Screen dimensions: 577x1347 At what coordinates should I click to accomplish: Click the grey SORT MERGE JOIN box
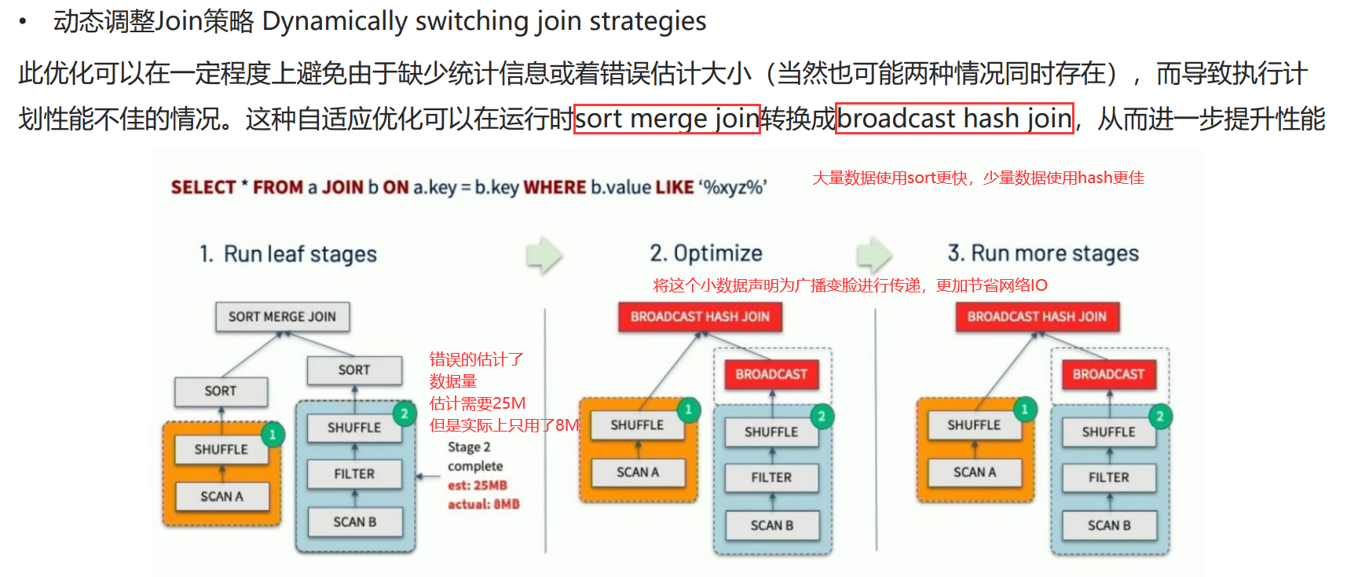[x=282, y=317]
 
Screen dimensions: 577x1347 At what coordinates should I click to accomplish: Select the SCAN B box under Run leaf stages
[x=355, y=522]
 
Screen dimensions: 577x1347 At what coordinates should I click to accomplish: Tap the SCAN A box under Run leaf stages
[x=221, y=497]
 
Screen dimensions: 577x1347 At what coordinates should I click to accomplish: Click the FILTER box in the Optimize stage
[x=771, y=477]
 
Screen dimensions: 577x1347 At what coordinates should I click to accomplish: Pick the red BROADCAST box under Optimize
[x=771, y=374]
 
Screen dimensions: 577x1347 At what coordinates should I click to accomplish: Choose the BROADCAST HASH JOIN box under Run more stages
[x=1037, y=317]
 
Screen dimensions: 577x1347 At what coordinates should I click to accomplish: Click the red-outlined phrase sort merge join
[x=667, y=119]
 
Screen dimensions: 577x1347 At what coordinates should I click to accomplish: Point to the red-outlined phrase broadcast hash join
[x=954, y=119]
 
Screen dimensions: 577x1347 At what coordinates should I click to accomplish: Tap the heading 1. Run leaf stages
[x=288, y=254]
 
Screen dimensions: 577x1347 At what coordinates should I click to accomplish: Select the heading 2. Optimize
[x=706, y=253]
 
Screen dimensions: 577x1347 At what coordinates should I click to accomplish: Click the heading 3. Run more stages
[x=1043, y=253]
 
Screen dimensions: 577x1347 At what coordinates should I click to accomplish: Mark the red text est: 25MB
[x=478, y=486]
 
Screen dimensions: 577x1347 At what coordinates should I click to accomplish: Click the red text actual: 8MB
[x=484, y=505]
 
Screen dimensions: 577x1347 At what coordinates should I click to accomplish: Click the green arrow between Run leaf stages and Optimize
[x=544, y=255]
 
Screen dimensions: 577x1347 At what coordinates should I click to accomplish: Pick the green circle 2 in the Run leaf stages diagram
[x=404, y=413]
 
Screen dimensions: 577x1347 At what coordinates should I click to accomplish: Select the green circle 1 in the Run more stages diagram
[x=1024, y=409]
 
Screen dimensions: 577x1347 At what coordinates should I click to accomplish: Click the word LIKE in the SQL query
[x=675, y=187]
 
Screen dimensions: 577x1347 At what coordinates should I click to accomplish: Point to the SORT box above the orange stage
[x=221, y=391]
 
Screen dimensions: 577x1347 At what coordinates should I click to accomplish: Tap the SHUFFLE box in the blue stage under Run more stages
[x=1108, y=432]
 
